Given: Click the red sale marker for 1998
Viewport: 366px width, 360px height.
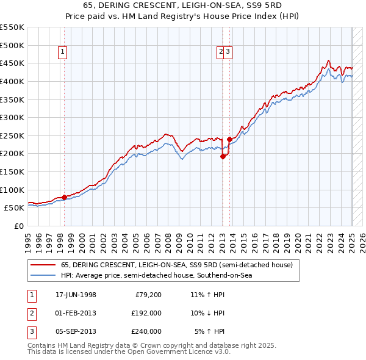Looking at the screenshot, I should (64, 197).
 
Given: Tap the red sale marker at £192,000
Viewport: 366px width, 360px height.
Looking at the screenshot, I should (223, 156).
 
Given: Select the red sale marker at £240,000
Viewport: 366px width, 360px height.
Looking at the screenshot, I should (229, 139).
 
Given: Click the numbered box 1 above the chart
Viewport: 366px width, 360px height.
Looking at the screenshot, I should (63, 52).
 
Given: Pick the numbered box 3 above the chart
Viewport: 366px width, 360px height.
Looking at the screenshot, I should (227, 52).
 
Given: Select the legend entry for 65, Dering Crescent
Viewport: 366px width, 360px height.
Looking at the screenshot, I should (177, 265).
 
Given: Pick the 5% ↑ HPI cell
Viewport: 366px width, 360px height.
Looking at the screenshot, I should (210, 331).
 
